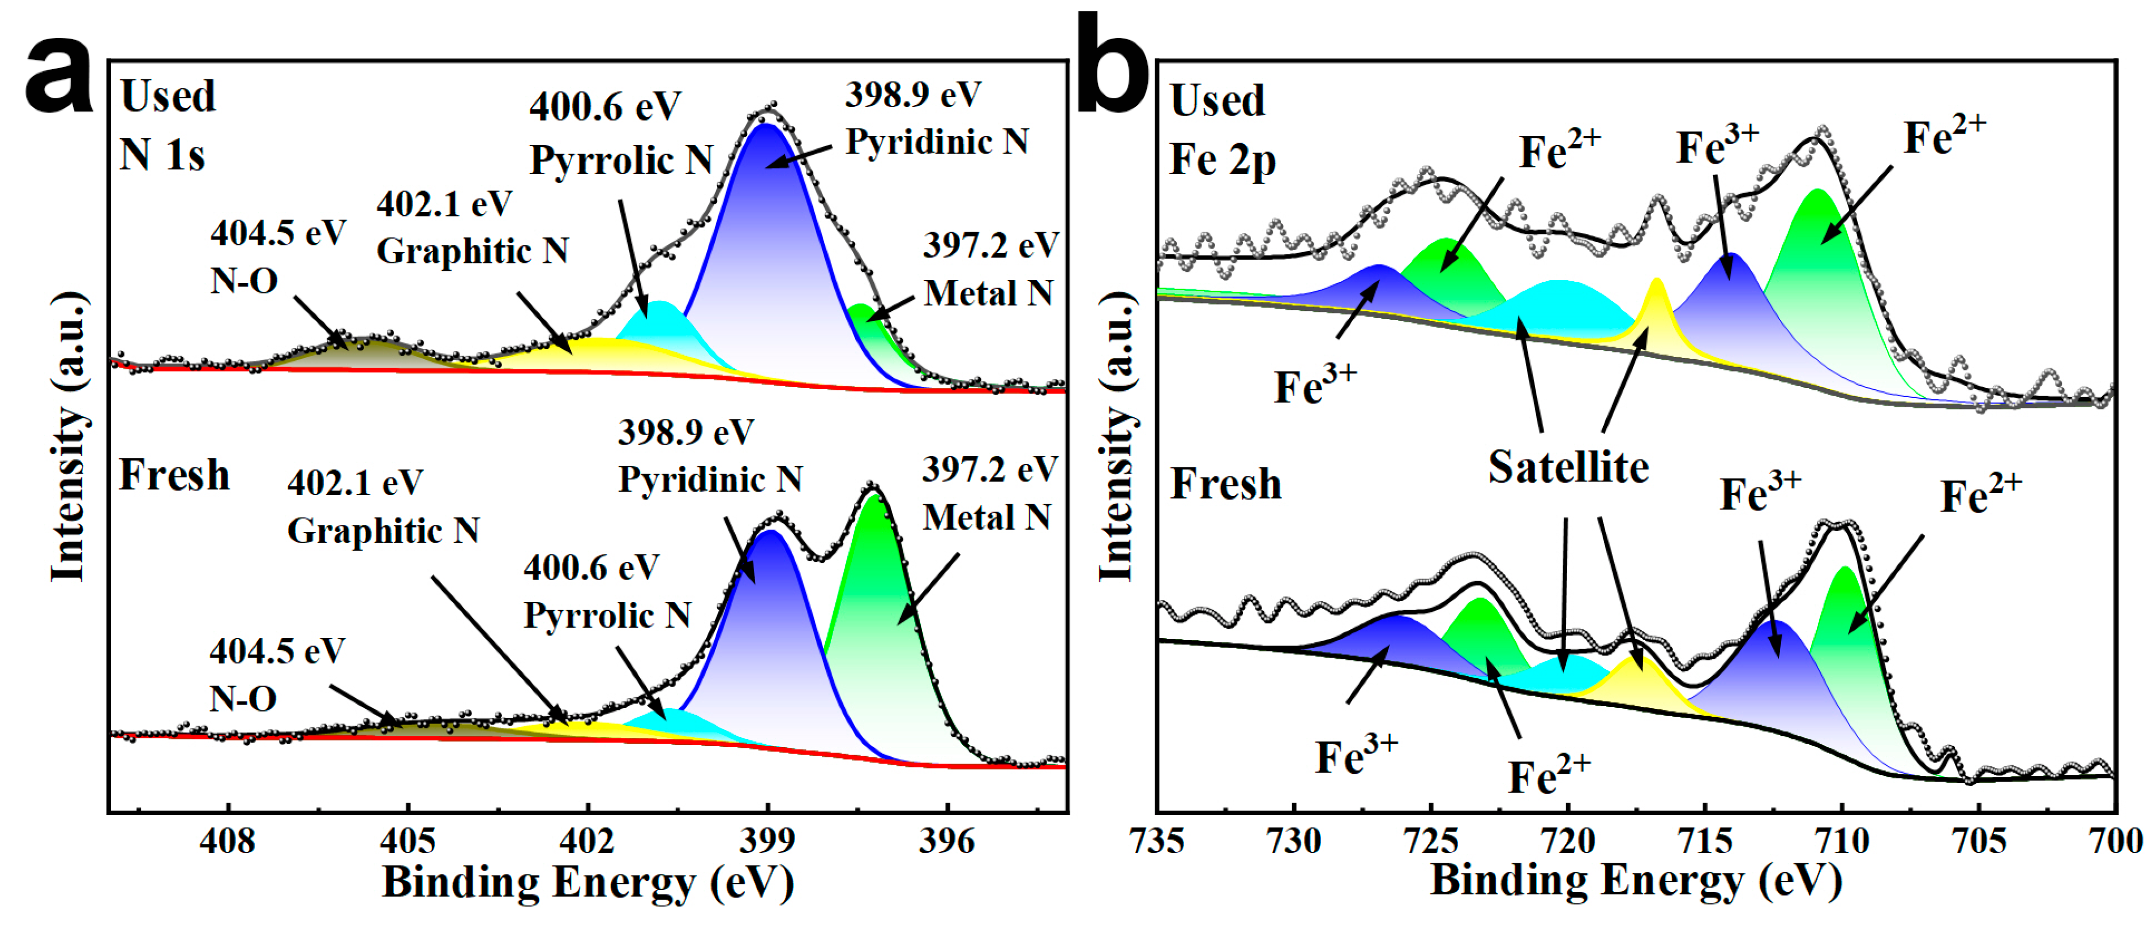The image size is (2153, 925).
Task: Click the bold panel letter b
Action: (1112, 67)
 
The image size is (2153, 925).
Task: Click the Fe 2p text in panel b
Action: (1222, 160)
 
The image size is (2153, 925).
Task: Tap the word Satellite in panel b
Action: (1568, 467)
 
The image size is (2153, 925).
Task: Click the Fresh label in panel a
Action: (174, 475)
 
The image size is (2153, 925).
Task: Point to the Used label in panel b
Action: (1217, 100)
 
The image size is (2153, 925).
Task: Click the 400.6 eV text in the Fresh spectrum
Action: (591, 568)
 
